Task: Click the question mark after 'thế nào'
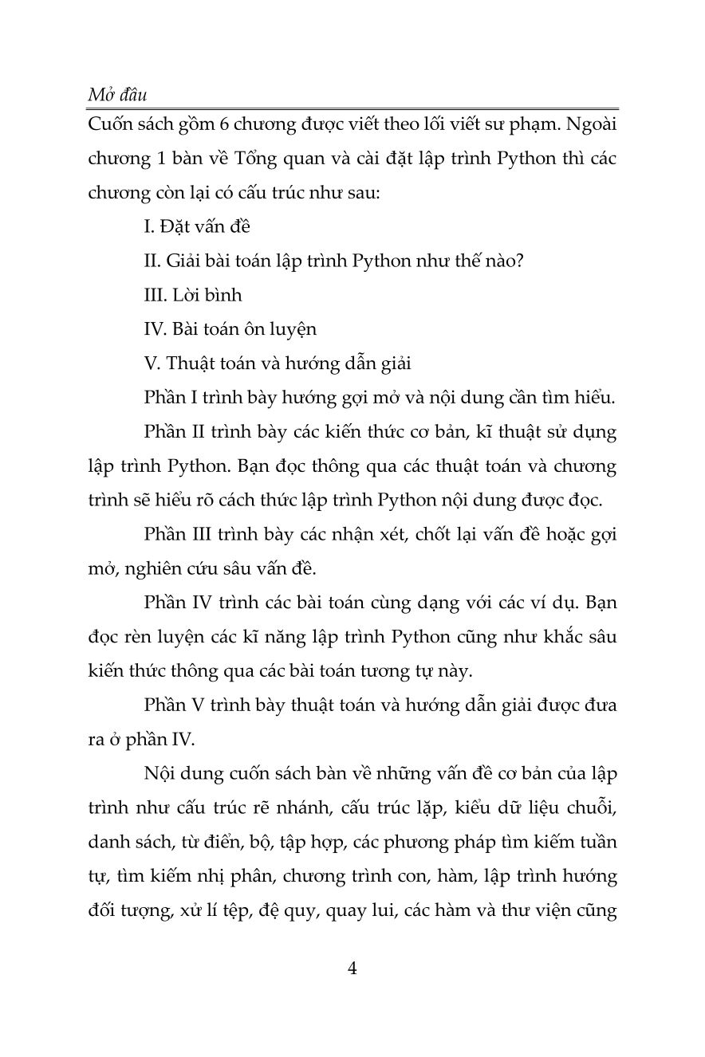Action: (x=518, y=260)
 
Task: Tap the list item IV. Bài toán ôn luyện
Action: (x=230, y=328)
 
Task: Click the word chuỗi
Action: (x=595, y=808)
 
